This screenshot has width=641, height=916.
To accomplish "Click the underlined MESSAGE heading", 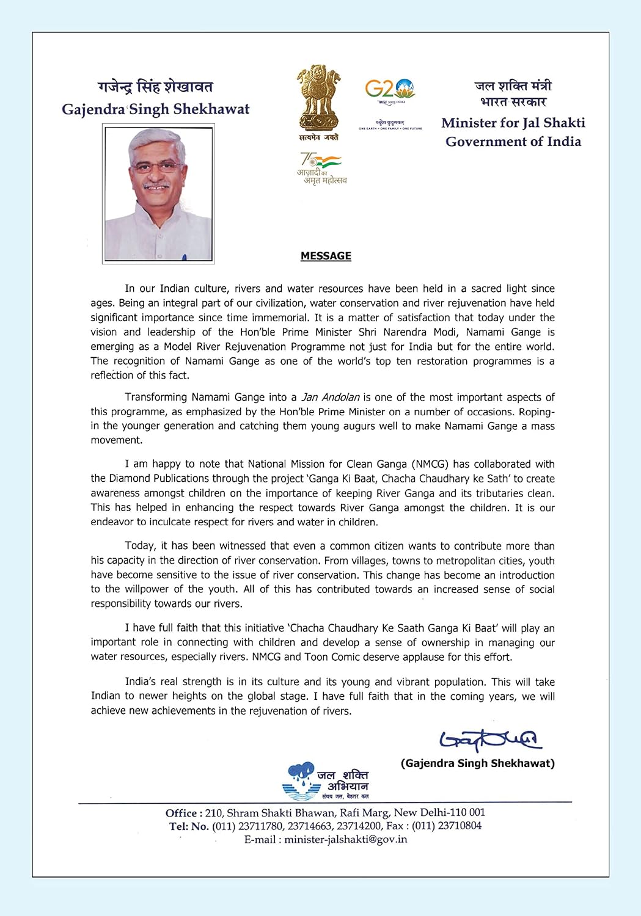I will point(326,256).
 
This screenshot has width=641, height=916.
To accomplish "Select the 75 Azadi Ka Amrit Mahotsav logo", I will point(321,169).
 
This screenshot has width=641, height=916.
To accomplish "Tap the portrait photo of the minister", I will point(158,194).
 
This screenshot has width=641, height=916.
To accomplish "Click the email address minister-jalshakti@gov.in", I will point(345,839).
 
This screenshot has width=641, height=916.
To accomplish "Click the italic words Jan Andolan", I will point(331,398).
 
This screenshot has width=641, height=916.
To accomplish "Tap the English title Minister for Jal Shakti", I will point(513,123).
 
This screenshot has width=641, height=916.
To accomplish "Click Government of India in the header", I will point(513,142).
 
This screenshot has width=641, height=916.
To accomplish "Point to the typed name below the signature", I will point(477,763).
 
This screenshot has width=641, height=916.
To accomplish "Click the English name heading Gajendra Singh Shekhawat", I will point(155,109).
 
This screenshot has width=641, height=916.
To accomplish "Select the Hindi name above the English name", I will point(155,87).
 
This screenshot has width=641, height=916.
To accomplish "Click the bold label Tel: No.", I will point(189,826).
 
